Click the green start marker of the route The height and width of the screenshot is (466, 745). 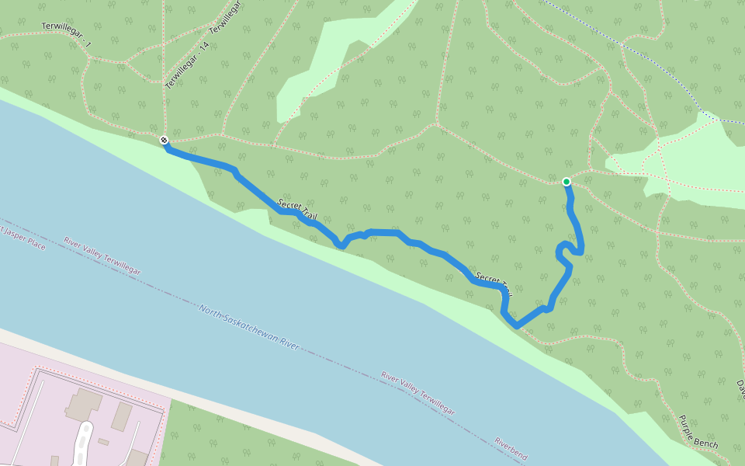pyautogui.click(x=567, y=182)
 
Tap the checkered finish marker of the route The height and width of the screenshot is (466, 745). pyautogui.click(x=165, y=140)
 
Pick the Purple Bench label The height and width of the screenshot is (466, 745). pyautogui.click(x=698, y=432)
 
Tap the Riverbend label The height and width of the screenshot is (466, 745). pyautogui.click(x=510, y=450)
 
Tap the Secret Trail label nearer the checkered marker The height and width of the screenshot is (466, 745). pyautogui.click(x=297, y=209)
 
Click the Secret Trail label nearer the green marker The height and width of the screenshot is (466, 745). pyautogui.click(x=494, y=284)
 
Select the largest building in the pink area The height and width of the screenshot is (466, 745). pyautogui.click(x=83, y=403)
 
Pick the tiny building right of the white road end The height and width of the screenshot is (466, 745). pyautogui.click(x=102, y=442)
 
